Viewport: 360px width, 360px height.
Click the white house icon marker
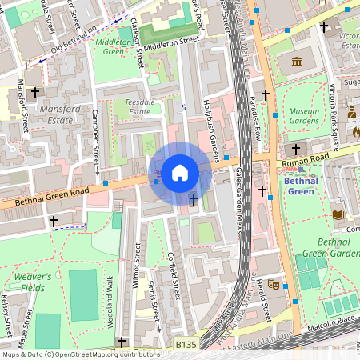[180, 171]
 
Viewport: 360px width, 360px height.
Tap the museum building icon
[297, 62]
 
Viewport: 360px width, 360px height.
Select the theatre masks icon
[273, 284]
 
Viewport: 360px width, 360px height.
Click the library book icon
[338, 214]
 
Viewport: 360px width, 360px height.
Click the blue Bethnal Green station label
[300, 186]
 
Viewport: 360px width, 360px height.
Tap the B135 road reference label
[186, 344]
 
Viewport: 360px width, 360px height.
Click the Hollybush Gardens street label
[211, 123]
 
